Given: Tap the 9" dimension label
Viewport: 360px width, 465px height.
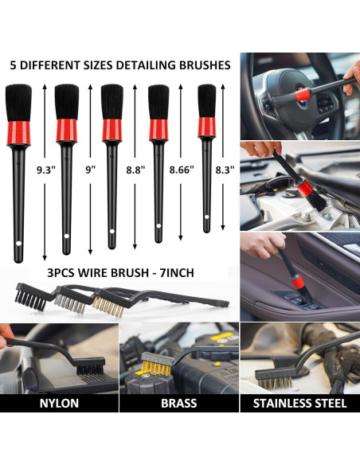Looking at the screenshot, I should [x=89, y=170].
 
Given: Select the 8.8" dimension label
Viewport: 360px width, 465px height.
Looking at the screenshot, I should [x=135, y=170].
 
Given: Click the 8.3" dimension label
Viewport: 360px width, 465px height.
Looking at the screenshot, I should [x=225, y=170].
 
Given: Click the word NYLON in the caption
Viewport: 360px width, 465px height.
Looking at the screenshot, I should [x=60, y=403].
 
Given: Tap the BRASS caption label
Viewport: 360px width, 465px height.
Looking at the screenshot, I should [x=179, y=403].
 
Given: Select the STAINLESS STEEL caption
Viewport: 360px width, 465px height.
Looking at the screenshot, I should [x=299, y=403].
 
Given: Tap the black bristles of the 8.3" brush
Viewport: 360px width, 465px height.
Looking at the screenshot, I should [x=207, y=100].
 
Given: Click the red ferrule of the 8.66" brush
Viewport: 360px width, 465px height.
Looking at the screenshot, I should [x=158, y=127].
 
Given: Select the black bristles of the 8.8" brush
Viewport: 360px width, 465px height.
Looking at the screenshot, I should [x=112, y=102].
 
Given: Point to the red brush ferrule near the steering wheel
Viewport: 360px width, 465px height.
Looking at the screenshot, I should [x=303, y=96].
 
